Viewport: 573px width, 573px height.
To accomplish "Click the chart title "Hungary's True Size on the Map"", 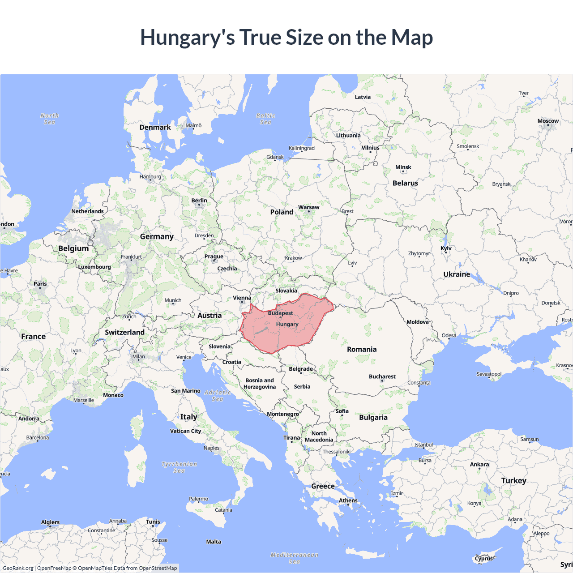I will (x=286, y=37).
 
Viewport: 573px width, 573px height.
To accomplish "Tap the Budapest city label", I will (x=281, y=313).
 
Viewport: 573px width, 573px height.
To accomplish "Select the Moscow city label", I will (x=548, y=121).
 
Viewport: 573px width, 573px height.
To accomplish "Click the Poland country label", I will (x=282, y=212).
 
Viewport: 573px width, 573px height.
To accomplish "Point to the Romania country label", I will (x=362, y=349).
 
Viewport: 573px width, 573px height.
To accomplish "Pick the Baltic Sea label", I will (x=265, y=119).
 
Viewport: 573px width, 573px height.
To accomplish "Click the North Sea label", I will (x=49, y=119).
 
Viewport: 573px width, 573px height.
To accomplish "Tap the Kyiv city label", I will (x=446, y=248).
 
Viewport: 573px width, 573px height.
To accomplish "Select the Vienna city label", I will (x=242, y=298).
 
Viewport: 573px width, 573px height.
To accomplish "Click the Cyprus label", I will (x=483, y=558).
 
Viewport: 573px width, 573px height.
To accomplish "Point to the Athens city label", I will (x=348, y=500).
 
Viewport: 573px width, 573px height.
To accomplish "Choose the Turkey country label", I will (x=513, y=480).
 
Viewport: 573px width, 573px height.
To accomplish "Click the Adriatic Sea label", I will (x=218, y=395).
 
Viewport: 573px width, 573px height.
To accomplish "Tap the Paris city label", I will (x=40, y=283).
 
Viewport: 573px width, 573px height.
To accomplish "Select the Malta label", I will (x=214, y=542).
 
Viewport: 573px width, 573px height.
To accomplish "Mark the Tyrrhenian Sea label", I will (x=179, y=467).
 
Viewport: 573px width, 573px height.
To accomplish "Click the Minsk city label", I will (x=403, y=167).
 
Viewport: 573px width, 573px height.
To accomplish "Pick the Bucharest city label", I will (x=382, y=376).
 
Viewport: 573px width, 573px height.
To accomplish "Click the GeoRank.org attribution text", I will (x=18, y=568).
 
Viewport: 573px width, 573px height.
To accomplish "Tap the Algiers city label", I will (x=50, y=522).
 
